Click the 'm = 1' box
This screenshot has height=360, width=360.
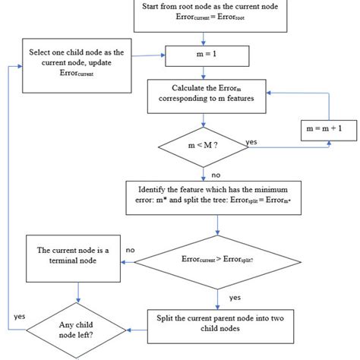202,55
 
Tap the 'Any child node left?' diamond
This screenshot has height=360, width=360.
77,332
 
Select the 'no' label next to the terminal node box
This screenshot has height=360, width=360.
131,248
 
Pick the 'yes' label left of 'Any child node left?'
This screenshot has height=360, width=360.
21,314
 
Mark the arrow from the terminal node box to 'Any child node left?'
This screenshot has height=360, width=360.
77,292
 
